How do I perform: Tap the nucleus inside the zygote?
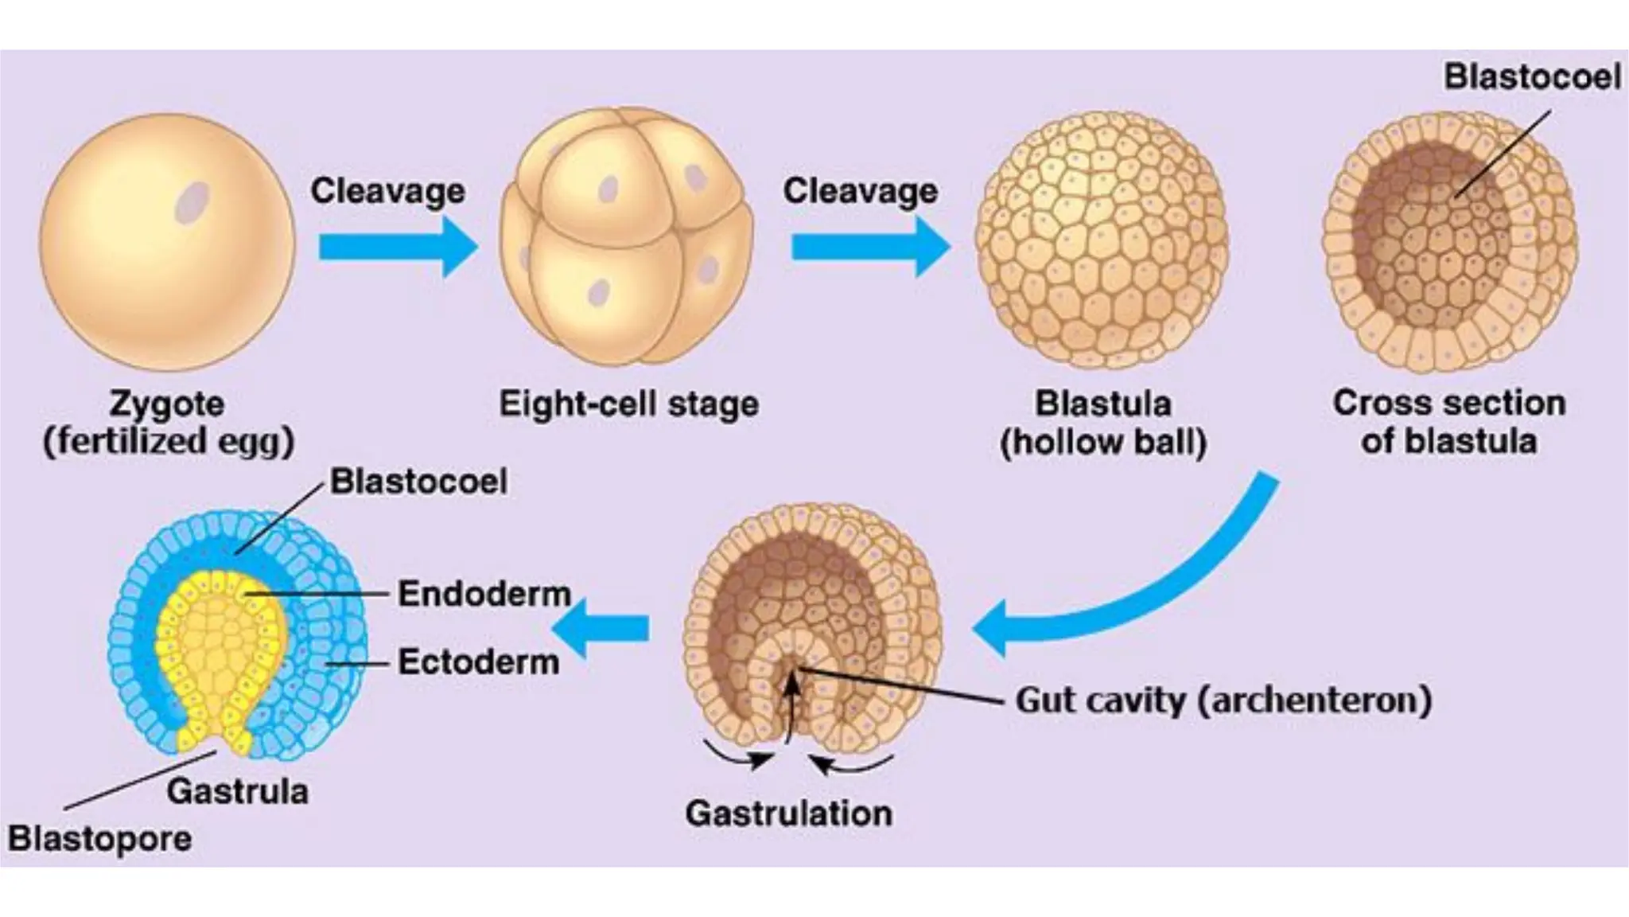pyautogui.click(x=192, y=202)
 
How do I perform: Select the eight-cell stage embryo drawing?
pyautogui.click(x=626, y=236)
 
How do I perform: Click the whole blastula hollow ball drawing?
pyautogui.click(x=1102, y=239)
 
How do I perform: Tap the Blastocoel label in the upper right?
pyautogui.click(x=1532, y=76)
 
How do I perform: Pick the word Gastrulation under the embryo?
pyautogui.click(x=788, y=814)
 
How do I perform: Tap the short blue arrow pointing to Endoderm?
pyautogui.click(x=602, y=629)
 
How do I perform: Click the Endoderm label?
pyautogui.click(x=484, y=594)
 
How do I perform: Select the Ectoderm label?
pyautogui.click(x=478, y=661)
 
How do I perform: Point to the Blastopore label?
pyautogui.click(x=99, y=838)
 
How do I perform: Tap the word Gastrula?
pyautogui.click(x=237, y=791)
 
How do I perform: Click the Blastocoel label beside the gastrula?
pyautogui.click(x=418, y=481)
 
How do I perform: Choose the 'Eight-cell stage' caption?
pyautogui.click(x=628, y=404)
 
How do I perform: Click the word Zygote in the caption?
pyautogui.click(x=167, y=404)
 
